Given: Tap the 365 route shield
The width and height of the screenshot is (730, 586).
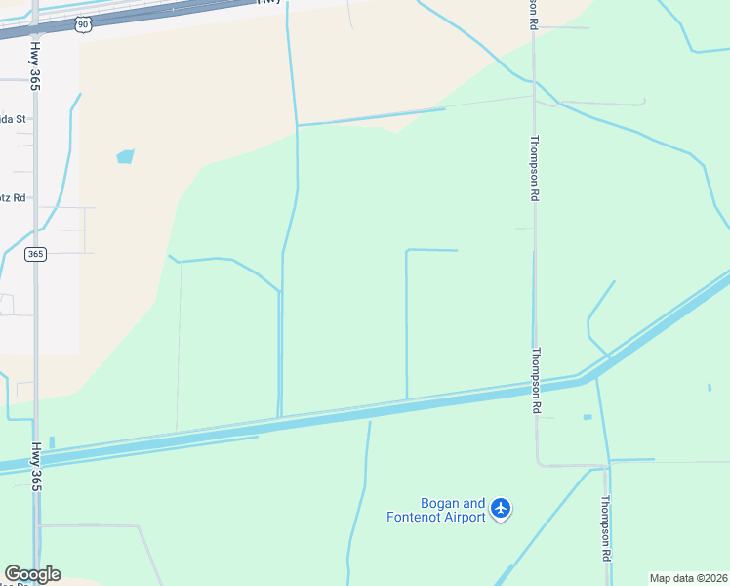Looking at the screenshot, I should pyautogui.click(x=36, y=254).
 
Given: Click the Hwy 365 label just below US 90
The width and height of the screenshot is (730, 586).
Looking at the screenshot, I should pyautogui.click(x=35, y=64).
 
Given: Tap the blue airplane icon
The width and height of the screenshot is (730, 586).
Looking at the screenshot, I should pyautogui.click(x=501, y=508).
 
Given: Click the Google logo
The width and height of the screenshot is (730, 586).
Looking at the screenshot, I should pyautogui.click(x=32, y=574).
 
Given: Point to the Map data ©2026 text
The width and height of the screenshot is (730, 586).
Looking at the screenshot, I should pyautogui.click(x=689, y=578).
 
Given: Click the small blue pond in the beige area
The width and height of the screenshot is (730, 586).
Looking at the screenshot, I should pyautogui.click(x=125, y=156).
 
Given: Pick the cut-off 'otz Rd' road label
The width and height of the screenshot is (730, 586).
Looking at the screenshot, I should pyautogui.click(x=15, y=197).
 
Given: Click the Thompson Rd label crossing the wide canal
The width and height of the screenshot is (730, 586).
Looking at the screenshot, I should pyautogui.click(x=536, y=381).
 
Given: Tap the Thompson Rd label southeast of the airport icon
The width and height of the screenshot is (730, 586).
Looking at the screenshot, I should pyautogui.click(x=605, y=528).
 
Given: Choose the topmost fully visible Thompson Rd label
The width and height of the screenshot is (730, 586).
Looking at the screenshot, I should pyautogui.click(x=535, y=168).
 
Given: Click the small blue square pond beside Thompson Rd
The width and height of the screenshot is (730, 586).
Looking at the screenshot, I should pyautogui.click(x=587, y=418).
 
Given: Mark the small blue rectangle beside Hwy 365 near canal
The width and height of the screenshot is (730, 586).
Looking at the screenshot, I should pyautogui.click(x=52, y=441).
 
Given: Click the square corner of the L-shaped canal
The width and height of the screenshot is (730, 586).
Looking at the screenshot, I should pyautogui.click(x=407, y=251).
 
